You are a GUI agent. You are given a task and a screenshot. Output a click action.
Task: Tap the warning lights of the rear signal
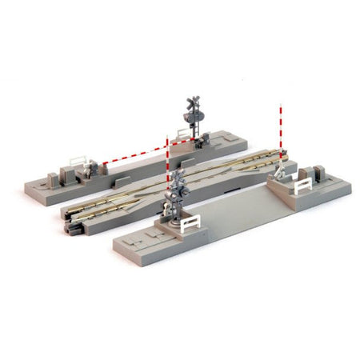[x=193, y=118]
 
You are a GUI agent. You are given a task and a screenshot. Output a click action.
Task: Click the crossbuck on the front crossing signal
[x=178, y=178]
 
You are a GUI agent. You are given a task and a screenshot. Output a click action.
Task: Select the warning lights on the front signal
[x=177, y=193]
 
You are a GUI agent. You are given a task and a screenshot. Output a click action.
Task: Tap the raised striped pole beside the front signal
[x=168, y=176]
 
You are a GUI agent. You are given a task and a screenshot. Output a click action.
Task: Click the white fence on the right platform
[x=303, y=187]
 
